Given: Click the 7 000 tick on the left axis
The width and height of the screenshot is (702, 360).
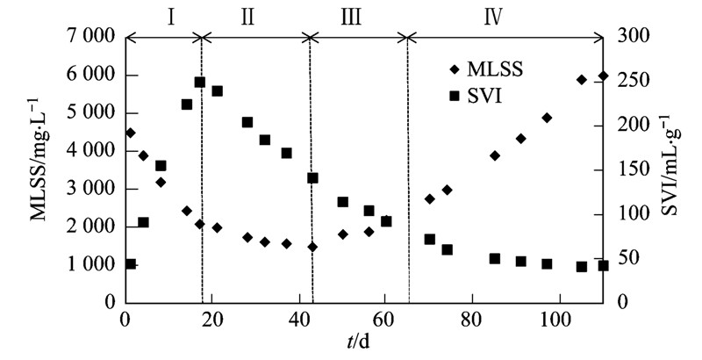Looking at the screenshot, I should pos(86,37).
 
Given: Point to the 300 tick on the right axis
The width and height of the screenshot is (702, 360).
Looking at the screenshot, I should pos(630,37).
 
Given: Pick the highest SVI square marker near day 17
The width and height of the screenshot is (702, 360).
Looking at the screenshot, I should pos(200,83).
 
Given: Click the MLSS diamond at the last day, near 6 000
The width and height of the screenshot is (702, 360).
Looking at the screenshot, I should pos(602,76).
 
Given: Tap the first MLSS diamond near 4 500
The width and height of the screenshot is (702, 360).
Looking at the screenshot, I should pos(130,133).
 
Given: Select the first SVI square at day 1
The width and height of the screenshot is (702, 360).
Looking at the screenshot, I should pos(130,263).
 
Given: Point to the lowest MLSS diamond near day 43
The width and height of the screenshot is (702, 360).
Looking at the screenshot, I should pos(312,247).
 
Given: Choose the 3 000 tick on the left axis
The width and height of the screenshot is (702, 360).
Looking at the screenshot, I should pos(86,189).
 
